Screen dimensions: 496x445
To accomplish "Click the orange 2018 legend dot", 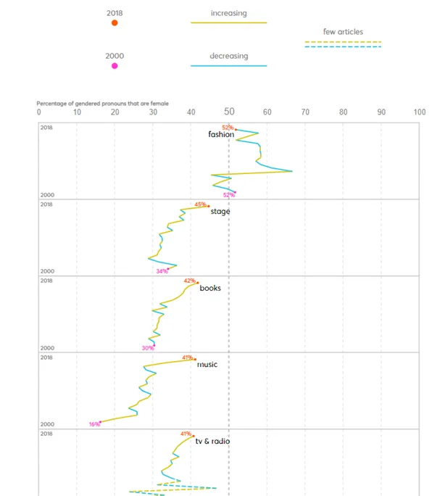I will point(115,23).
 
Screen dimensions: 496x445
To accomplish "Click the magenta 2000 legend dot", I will point(115,66).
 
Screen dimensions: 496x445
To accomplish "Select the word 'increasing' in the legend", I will point(228,13).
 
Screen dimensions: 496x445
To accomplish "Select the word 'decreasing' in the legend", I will point(228,56).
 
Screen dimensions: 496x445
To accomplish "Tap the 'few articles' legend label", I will point(343,32).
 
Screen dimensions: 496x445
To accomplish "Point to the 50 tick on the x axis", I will point(229,112).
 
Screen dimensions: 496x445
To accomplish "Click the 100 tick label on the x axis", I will point(419,112).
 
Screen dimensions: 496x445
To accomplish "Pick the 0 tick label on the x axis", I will point(39,112).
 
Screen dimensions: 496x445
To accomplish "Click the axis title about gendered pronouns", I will point(102,104).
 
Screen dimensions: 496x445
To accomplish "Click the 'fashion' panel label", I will point(221,135).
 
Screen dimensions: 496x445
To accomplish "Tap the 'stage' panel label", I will point(220,212).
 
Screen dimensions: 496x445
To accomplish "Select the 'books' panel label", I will point(210,289).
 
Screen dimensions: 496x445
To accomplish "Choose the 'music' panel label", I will point(207,365).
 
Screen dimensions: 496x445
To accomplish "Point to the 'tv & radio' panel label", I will point(212,441).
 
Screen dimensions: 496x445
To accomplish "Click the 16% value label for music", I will point(94,424).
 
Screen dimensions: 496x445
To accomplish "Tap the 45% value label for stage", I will point(200,204).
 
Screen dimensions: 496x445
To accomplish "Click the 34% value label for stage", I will point(161,271).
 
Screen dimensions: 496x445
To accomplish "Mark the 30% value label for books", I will point(148,348).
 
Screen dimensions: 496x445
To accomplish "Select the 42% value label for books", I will point(189,281).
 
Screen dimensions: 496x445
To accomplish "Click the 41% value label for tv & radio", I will point(186,434).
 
